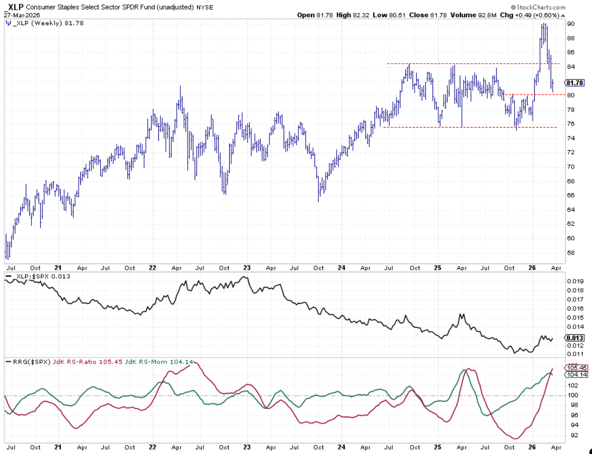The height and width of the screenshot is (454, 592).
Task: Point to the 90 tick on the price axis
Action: (x=571, y=24)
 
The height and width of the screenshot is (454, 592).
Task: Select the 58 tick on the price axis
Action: (x=571, y=252)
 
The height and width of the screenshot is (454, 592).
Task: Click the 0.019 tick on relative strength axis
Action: (x=575, y=281)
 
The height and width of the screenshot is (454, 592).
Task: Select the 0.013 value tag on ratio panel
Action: (x=575, y=338)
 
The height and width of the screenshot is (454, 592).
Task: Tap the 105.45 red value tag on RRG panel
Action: (x=575, y=368)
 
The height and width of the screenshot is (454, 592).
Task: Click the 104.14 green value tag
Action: (x=575, y=374)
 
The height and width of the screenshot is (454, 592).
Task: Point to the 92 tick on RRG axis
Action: (x=571, y=435)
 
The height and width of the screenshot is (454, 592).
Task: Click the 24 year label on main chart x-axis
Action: (x=341, y=267)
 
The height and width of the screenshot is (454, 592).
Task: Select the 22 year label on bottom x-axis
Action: (x=153, y=448)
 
